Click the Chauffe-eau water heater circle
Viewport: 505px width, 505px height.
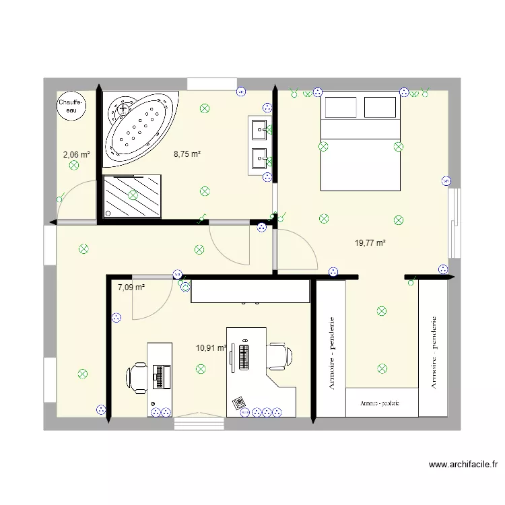70,106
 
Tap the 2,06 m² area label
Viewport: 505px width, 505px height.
76,154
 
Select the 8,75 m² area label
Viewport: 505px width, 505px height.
187,154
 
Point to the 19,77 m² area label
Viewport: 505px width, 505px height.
370,243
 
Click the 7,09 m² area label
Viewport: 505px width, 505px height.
131,288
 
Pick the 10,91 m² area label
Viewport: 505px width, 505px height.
210,348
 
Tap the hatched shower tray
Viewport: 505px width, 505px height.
132,195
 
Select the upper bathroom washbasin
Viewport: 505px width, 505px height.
258,128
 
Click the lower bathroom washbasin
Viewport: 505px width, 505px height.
258,158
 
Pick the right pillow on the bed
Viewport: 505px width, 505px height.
379,106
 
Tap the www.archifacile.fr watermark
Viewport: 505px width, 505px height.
463,464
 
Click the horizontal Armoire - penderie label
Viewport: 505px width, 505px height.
380,403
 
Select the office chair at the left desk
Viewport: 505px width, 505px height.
137,376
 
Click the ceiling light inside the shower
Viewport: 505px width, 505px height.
133,195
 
